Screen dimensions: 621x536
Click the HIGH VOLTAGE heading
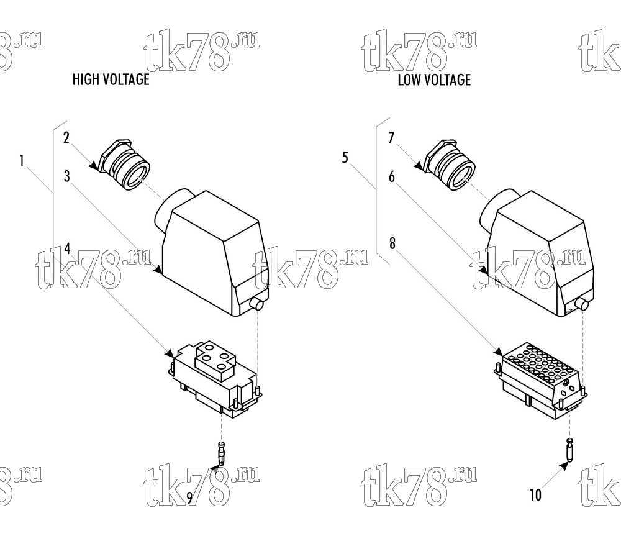tap(111, 79)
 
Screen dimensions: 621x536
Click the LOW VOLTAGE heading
tap(435, 80)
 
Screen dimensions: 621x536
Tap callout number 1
tap(22, 161)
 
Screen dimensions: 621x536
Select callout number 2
tap(66, 138)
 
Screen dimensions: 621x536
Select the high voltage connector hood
tap(211, 253)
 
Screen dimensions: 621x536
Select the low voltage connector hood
tap(537, 253)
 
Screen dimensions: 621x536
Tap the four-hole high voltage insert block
tap(214, 378)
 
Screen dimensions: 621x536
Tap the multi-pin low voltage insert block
tap(541, 380)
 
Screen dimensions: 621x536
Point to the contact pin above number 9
tap(222, 453)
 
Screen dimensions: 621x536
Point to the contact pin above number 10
tap(570, 450)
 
